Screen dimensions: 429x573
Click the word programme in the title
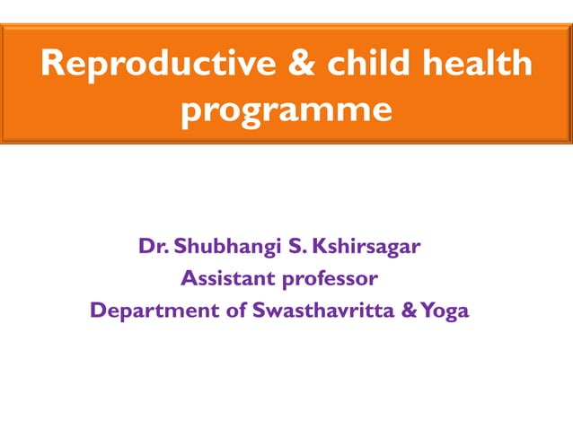click(286, 110)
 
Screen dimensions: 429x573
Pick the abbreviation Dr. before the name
click(154, 245)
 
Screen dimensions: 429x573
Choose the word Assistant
click(229, 278)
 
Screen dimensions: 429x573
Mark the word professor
click(337, 278)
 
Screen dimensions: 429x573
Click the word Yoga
click(445, 311)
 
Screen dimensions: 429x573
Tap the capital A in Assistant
click(188, 278)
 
